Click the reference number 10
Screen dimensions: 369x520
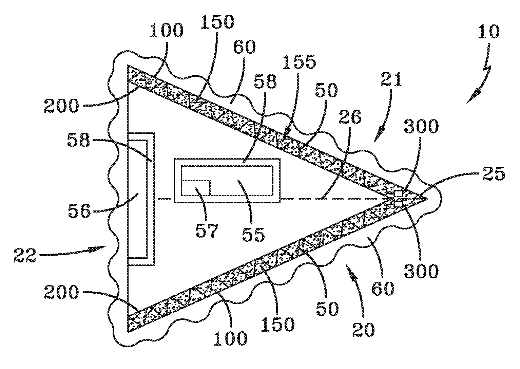point(488,32)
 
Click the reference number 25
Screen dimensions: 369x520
point(495,174)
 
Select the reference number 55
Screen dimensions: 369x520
point(253,233)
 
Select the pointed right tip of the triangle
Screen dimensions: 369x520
point(426,198)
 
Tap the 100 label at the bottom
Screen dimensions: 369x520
point(231,338)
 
